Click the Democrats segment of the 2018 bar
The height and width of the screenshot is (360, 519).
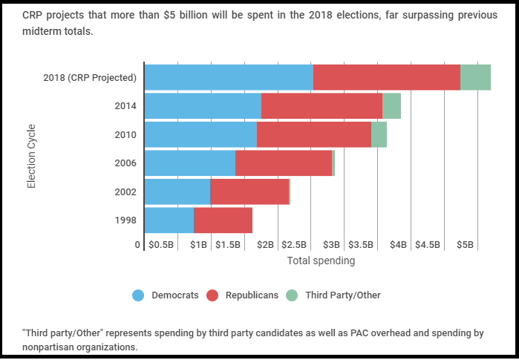tap(229, 77)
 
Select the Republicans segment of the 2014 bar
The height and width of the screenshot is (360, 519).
tap(321, 105)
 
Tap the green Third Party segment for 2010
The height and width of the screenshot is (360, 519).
tap(379, 134)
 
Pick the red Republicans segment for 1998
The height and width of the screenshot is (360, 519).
tap(223, 220)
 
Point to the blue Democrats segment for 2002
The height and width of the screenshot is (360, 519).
tap(177, 192)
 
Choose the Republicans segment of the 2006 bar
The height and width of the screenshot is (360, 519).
tap(284, 163)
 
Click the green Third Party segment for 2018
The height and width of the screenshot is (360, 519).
tap(475, 77)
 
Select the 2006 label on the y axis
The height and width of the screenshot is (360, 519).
tap(125, 163)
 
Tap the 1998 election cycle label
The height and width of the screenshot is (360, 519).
tap(125, 220)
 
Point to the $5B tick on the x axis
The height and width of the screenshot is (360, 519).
tap(465, 244)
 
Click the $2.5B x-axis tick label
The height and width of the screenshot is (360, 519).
tap(294, 244)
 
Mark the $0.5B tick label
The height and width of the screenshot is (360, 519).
tap(161, 244)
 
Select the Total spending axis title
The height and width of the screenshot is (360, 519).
tap(321, 261)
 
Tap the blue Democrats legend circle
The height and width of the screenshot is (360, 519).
tap(137, 295)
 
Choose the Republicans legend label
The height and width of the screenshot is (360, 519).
tap(252, 295)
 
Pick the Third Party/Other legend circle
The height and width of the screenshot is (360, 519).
tap(291, 295)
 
